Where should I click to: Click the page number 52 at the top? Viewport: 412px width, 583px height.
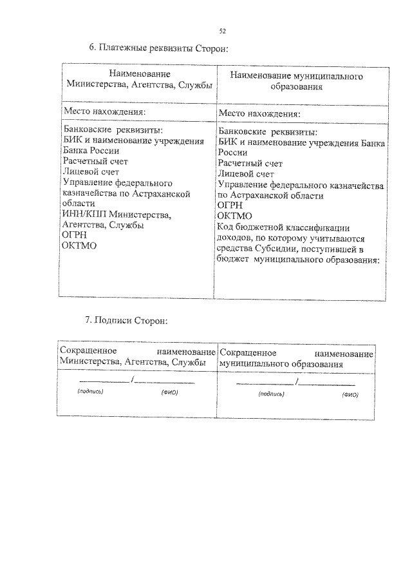click(222, 30)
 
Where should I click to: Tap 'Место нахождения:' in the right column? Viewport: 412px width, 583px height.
click(259, 113)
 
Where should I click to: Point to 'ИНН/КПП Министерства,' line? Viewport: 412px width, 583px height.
click(117, 215)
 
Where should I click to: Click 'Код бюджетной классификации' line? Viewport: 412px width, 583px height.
click(284, 227)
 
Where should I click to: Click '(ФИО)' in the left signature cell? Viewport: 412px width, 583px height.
click(169, 392)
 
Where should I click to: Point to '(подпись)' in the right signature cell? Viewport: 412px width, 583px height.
click(271, 393)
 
